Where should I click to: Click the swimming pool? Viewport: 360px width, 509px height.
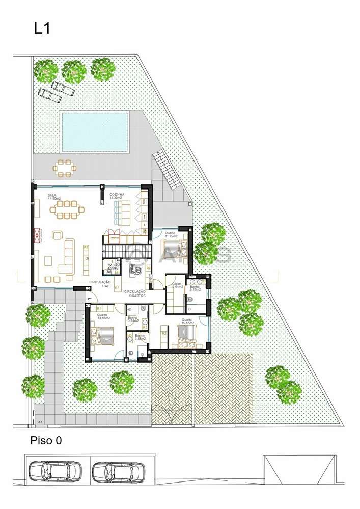(x=94, y=131)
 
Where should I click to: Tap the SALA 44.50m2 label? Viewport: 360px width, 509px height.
(x=53, y=197)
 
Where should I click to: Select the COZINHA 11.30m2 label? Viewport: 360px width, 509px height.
(x=118, y=197)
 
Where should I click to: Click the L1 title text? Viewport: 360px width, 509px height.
(x=42, y=29)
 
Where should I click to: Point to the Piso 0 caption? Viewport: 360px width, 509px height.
(x=46, y=440)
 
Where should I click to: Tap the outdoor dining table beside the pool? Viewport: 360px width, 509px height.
(x=65, y=168)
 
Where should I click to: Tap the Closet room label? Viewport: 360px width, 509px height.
(x=177, y=286)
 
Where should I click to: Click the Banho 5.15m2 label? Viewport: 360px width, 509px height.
(x=195, y=288)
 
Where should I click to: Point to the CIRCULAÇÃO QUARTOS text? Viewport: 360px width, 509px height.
(x=135, y=293)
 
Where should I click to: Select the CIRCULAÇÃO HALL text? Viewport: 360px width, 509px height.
(x=100, y=284)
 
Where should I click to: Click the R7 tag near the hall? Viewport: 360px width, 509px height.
(x=117, y=288)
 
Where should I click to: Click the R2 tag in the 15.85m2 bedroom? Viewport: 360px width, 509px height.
(x=164, y=333)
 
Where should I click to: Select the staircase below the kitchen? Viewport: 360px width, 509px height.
(x=122, y=251)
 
